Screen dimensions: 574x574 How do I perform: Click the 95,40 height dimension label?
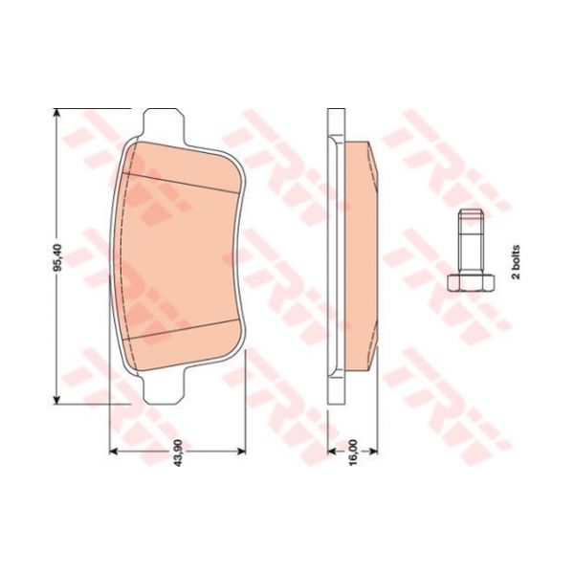58,257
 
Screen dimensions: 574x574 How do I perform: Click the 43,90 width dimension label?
178,453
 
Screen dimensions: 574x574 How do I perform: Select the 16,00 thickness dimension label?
353,453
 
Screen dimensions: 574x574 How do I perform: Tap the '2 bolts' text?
516,262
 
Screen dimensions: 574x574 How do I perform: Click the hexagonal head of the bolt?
471,281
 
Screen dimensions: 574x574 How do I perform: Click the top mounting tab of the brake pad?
164,125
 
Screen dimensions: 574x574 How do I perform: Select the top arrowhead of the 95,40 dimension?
56,113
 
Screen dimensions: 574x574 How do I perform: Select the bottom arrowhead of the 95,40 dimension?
56,400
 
